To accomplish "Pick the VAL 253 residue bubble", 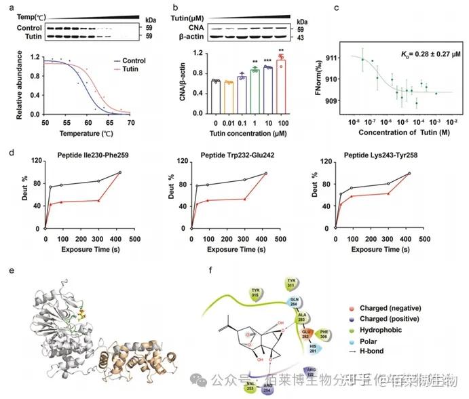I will pos(252,387).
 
